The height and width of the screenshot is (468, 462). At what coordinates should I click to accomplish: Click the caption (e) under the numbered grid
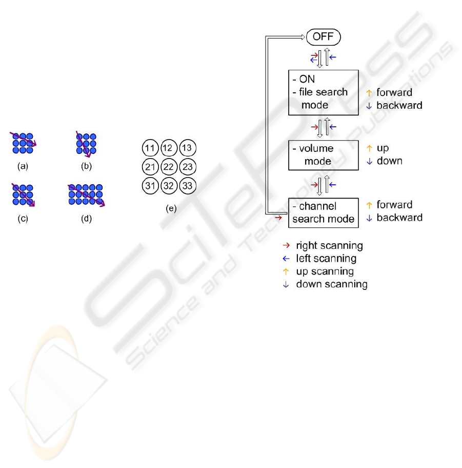coord(171,208)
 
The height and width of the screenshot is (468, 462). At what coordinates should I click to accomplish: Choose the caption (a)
coord(23,166)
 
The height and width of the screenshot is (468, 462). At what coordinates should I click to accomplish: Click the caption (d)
coord(87,219)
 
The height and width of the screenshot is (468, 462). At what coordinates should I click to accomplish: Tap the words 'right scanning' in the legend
coord(329,246)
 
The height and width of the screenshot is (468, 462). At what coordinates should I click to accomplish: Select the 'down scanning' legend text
coord(332,284)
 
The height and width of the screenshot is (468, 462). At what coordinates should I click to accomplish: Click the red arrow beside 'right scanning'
coord(286,245)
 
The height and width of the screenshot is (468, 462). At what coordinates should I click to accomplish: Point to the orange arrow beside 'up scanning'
coord(286,271)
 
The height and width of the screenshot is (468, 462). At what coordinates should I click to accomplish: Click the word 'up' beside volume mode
coord(383,148)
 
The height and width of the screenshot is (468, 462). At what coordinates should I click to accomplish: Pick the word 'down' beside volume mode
coord(390,161)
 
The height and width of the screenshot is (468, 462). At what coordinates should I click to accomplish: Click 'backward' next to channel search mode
coord(399,218)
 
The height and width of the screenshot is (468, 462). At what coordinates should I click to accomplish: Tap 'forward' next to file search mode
coord(394,92)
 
